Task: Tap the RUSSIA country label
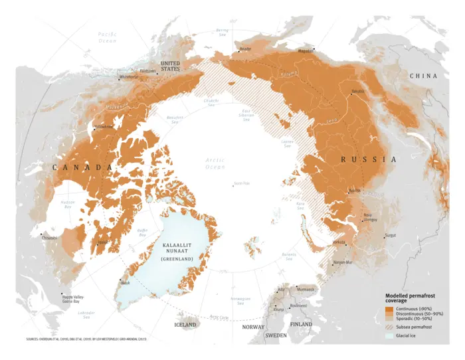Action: (x=368, y=160)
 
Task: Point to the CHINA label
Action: (x=423, y=76)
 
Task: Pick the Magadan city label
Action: (x=306, y=50)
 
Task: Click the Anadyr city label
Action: (x=245, y=49)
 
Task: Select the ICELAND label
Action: (x=185, y=325)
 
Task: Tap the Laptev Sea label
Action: (x=288, y=143)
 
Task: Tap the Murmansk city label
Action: (x=306, y=290)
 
